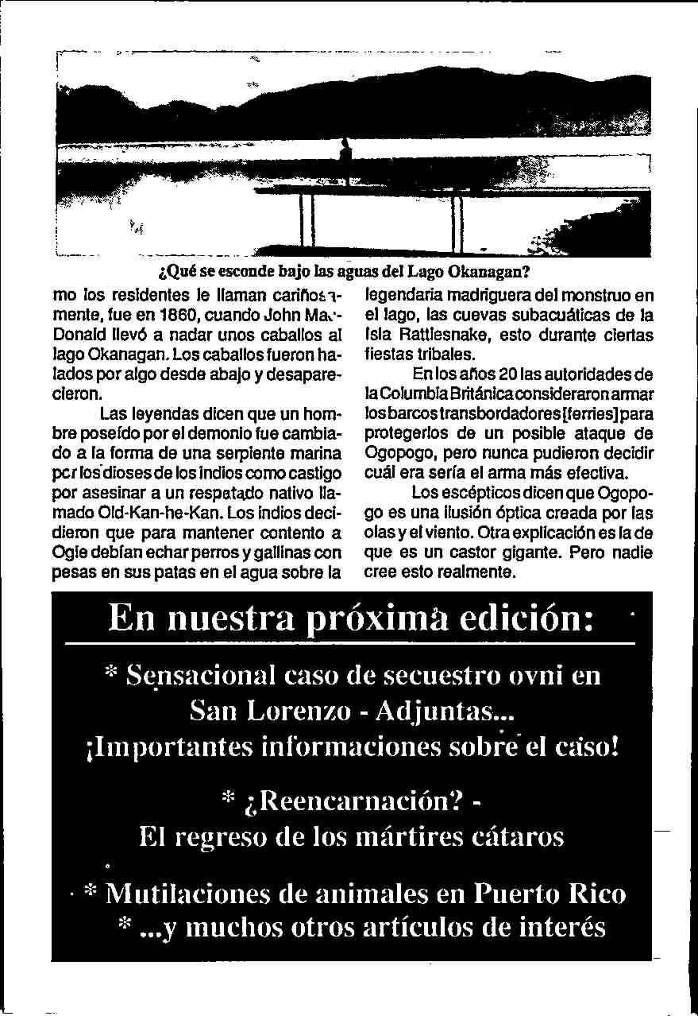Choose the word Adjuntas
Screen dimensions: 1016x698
(442, 712)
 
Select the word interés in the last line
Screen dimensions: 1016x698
(557, 927)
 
